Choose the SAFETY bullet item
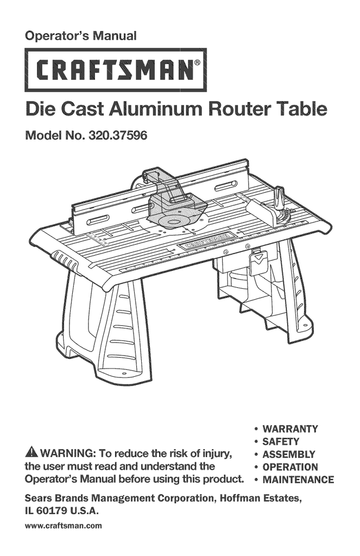[x=281, y=441]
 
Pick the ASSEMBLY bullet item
[x=288, y=454]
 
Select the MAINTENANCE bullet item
[x=298, y=479]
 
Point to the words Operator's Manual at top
[x=81, y=36]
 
